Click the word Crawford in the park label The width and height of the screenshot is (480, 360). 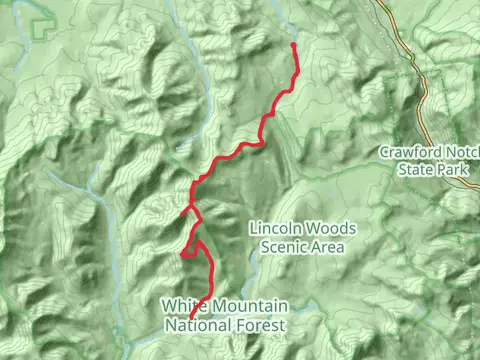tap(408, 152)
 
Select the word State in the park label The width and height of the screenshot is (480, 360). tap(415, 170)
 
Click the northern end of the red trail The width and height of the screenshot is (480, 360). tap(293, 44)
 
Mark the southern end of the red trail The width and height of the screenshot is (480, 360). tap(190, 318)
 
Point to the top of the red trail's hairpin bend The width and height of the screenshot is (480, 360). tap(198, 241)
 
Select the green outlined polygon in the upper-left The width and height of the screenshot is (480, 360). tap(42, 27)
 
